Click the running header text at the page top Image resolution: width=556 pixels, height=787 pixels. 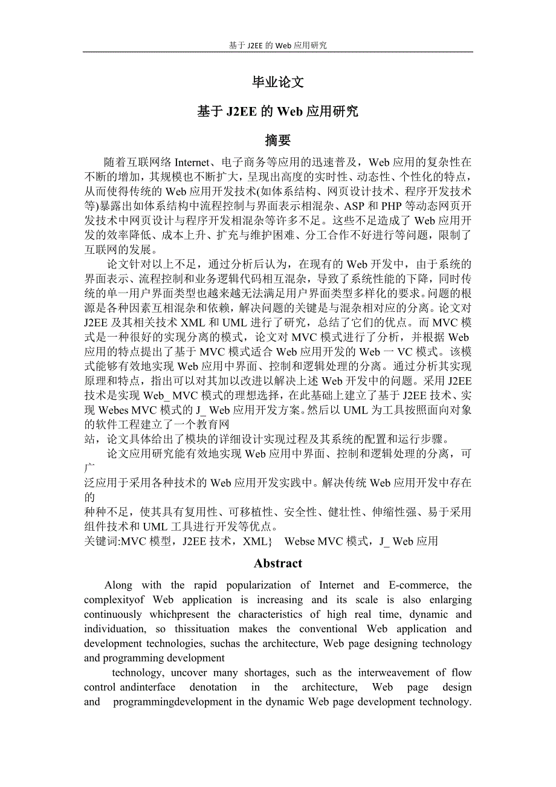(278, 45)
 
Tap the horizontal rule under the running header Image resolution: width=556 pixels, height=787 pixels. (278, 52)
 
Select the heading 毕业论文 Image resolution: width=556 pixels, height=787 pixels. (278, 83)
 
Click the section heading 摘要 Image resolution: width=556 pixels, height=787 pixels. (278, 140)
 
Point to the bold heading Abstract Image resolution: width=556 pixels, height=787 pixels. (278, 563)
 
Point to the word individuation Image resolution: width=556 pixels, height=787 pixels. (114, 629)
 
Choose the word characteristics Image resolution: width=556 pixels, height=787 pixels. (273, 614)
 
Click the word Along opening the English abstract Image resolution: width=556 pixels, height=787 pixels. (118, 585)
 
